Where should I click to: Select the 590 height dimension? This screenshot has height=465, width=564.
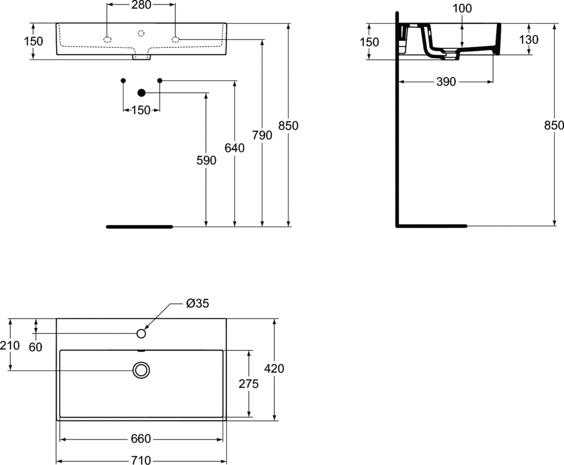[x=205, y=160]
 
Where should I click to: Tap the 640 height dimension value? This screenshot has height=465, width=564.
[x=235, y=147]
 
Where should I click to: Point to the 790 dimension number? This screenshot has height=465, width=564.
[x=262, y=135]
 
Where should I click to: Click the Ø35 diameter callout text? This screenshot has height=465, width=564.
[x=198, y=303]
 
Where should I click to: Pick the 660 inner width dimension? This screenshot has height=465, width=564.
[x=141, y=439]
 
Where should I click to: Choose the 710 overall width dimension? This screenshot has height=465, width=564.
[x=141, y=460]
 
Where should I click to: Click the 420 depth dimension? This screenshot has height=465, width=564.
[x=274, y=368]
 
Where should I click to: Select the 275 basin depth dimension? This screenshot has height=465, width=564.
[x=248, y=384]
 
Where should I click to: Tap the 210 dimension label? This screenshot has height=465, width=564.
[x=10, y=346]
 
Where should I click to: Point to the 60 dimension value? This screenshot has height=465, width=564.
[x=35, y=347]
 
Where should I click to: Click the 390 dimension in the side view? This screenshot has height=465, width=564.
[x=446, y=81]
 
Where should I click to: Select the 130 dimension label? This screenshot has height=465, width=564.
[x=529, y=40]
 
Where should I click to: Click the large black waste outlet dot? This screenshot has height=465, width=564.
[x=141, y=93]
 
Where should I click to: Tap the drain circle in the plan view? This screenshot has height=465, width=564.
[x=141, y=370]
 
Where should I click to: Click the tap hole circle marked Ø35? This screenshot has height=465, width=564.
[x=141, y=333]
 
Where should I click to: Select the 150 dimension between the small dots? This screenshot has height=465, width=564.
[x=141, y=110]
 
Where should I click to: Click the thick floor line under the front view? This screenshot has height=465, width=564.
[x=139, y=226]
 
